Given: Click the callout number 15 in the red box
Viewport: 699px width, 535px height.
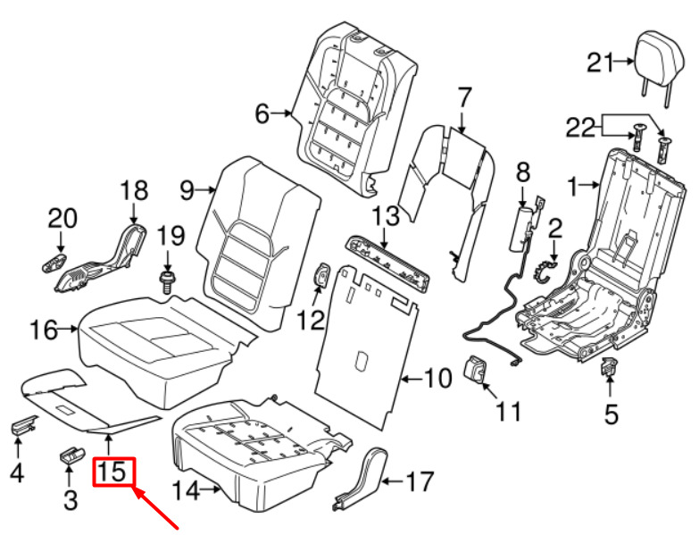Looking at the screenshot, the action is point(112,472).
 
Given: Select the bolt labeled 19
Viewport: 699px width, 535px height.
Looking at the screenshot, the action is point(167,280).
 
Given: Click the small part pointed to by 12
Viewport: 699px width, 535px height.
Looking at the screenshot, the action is point(321,275).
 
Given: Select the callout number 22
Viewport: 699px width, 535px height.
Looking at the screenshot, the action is point(580,128).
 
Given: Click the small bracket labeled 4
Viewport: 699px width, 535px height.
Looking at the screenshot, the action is point(23,424).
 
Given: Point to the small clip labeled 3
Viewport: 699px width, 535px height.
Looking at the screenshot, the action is point(71,455).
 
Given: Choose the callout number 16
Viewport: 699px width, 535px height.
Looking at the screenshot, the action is point(44,330).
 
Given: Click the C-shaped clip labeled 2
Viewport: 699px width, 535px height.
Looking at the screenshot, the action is point(544,272).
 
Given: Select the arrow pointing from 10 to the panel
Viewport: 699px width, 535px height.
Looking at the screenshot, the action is point(412,379).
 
